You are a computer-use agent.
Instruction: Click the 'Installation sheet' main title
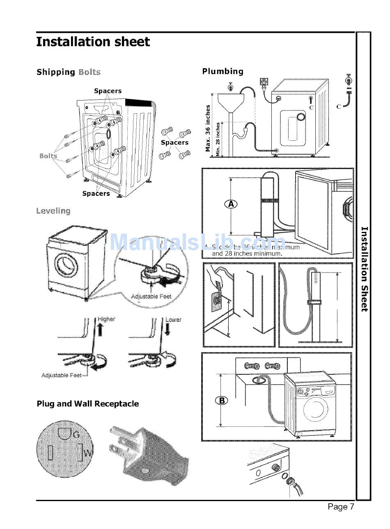click(93, 42)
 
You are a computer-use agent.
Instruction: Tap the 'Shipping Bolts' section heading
click(69, 72)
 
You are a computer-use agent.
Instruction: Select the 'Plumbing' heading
click(223, 71)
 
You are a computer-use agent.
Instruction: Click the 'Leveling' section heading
click(53, 211)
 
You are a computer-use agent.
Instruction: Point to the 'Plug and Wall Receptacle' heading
click(88, 404)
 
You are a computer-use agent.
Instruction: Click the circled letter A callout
click(231, 204)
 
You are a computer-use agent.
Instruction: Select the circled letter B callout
click(221, 400)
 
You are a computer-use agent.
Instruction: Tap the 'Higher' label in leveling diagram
click(106, 319)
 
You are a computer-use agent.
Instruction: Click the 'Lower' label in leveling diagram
click(173, 319)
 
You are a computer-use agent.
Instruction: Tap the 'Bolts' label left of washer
click(48, 156)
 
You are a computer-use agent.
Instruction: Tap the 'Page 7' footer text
click(340, 507)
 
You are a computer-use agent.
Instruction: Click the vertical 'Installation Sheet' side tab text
click(364, 269)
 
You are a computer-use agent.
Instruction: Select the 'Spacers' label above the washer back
click(108, 91)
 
